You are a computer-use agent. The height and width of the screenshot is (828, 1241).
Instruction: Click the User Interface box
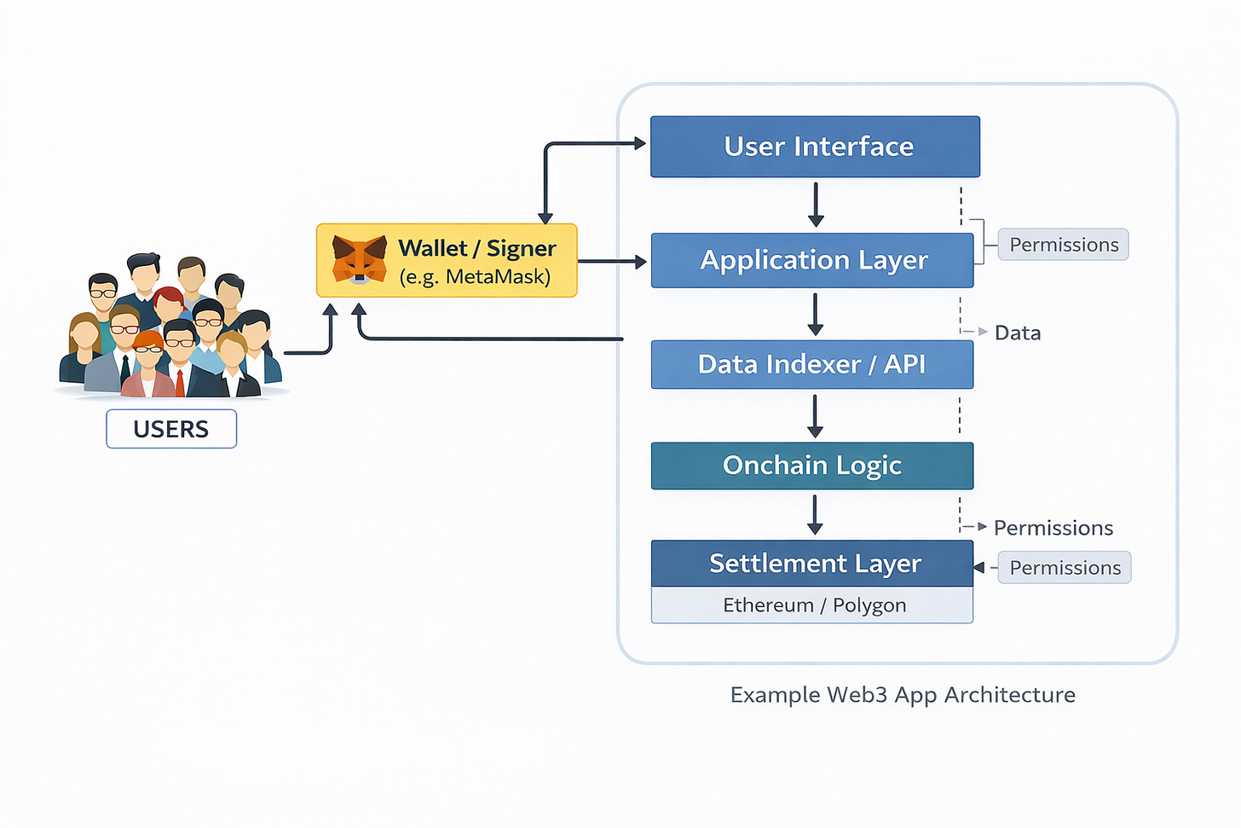pos(815,147)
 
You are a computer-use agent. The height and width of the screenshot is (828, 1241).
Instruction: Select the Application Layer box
pos(812,260)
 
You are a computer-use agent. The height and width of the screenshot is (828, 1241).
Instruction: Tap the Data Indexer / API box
pos(811,364)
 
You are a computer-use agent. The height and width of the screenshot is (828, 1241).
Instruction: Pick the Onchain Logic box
pos(811,466)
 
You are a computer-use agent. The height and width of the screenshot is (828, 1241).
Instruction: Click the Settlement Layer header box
pos(811,564)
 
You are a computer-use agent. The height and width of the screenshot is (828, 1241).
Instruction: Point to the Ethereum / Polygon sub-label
pos(813,605)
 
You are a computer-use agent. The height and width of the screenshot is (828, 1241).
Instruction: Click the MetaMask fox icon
pos(359,259)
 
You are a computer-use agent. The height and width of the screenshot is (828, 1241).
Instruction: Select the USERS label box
pos(171,429)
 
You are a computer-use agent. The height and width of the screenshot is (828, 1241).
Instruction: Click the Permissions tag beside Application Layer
pos(1063,245)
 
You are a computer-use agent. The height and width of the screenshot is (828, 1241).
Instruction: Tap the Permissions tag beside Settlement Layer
pos(1065,568)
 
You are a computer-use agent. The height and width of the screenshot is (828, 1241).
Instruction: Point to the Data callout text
pos(1018,333)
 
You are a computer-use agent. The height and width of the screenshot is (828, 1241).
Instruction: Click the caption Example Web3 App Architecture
pos(902,695)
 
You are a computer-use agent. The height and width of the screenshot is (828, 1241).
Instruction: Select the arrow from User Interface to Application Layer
pos(816,205)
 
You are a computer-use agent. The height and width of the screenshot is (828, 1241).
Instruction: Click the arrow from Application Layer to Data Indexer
pos(816,314)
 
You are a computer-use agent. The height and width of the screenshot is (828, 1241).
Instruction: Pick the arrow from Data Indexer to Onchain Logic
pos(815,416)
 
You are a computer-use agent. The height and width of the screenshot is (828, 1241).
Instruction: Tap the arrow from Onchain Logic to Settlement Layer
pos(815,515)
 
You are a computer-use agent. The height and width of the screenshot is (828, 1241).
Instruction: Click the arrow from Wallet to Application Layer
pos(612,262)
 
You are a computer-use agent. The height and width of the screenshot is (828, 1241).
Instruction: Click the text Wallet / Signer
pos(476,248)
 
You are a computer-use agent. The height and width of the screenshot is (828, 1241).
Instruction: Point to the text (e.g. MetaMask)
pos(475,277)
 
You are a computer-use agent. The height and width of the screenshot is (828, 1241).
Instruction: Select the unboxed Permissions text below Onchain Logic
pos(1053,528)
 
